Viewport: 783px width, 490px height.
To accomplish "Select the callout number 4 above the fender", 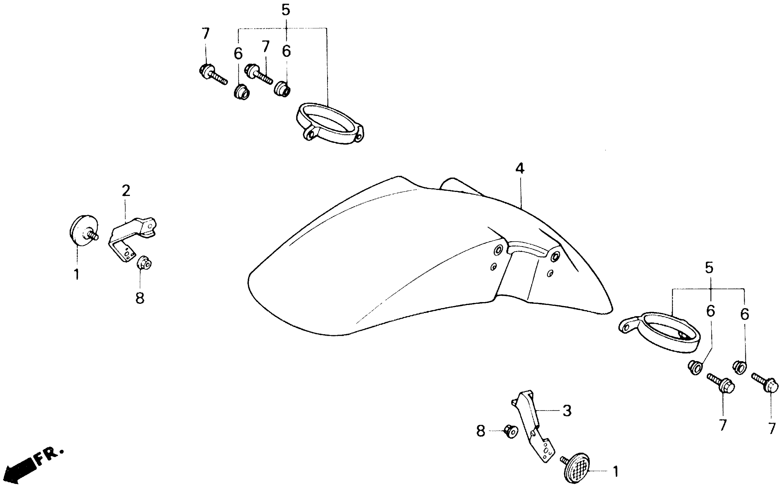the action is click(x=520, y=168).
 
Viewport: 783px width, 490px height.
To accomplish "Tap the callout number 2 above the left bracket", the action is click(x=126, y=191).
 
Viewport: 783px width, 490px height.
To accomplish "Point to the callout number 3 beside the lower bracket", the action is click(x=567, y=411).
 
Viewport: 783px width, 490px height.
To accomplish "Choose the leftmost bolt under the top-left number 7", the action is click(x=212, y=74).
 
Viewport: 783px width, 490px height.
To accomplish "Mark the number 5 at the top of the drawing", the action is click(x=285, y=10).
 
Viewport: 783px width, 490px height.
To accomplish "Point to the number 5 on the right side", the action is click(x=709, y=268).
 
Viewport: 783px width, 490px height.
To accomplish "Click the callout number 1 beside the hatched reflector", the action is click(x=616, y=472).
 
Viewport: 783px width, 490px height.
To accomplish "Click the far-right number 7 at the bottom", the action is click(x=772, y=428).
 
